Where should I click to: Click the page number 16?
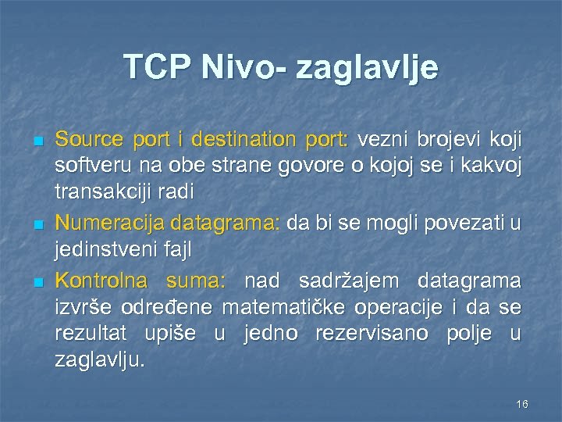pos(522,404)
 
